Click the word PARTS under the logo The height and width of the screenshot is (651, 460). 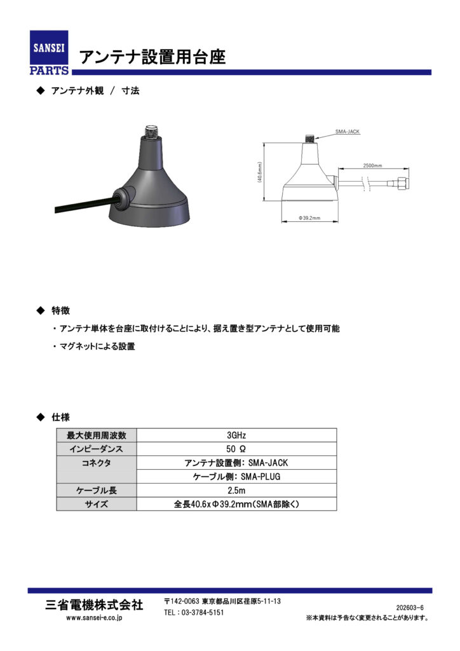49,70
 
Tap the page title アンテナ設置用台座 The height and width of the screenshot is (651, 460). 152,57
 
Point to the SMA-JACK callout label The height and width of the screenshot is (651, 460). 348,132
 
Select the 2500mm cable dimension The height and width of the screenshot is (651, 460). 372,165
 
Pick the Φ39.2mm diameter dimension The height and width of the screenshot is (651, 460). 310,218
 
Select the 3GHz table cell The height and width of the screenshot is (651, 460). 236,435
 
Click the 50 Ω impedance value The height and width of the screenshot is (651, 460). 236,449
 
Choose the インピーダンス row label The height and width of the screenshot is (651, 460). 97,449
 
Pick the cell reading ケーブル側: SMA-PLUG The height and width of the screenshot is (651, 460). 236,477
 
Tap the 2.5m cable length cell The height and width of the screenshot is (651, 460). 236,491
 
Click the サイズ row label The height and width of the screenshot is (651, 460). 97,504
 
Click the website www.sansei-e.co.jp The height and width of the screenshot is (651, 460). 95,617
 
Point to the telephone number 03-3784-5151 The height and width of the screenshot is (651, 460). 194,612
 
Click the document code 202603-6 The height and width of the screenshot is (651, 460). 410,608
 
